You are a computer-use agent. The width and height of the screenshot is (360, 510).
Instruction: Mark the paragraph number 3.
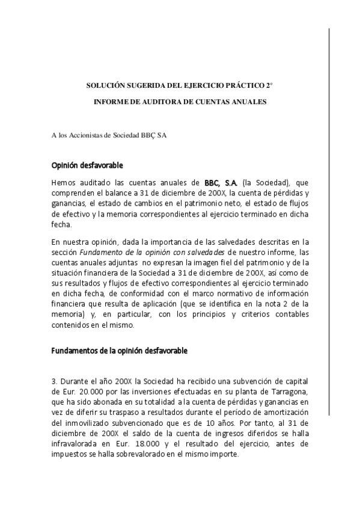tap(53, 381)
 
